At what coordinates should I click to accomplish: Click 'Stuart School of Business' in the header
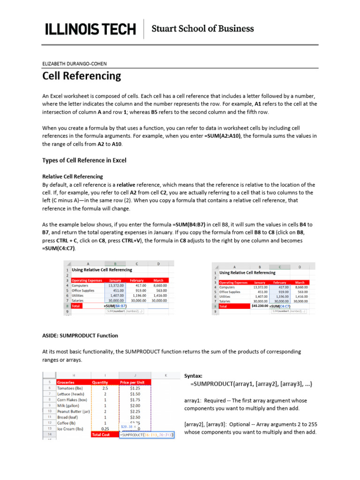pos(202,29)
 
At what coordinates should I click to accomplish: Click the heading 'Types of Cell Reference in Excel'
pos(84,160)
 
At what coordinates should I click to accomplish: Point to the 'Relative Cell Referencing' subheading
pos(73,177)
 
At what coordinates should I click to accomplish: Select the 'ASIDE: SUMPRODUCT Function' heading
pos(80,336)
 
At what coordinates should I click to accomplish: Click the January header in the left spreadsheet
pos(115,280)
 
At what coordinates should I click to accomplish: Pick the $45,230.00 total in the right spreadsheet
pos(260,306)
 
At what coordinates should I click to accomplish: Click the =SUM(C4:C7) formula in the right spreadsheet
pos(280,306)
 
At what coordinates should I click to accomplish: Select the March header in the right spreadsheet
pos(299,283)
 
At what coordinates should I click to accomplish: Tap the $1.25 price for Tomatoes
pos(135,388)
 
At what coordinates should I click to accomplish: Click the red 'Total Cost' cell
pos(101,435)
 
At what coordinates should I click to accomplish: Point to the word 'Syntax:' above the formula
pos(194,375)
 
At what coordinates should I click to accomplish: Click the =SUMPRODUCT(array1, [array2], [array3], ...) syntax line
pos(251,384)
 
